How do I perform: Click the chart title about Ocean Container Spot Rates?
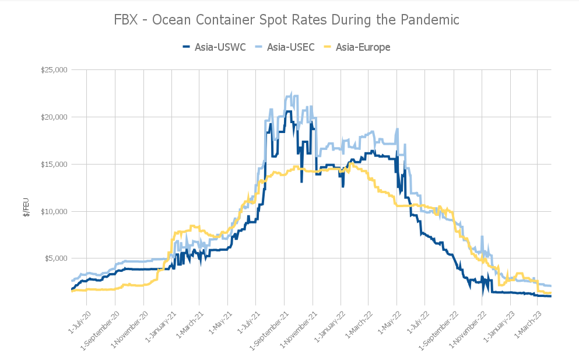(x=287, y=20)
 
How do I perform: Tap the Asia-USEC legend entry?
(x=285, y=47)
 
